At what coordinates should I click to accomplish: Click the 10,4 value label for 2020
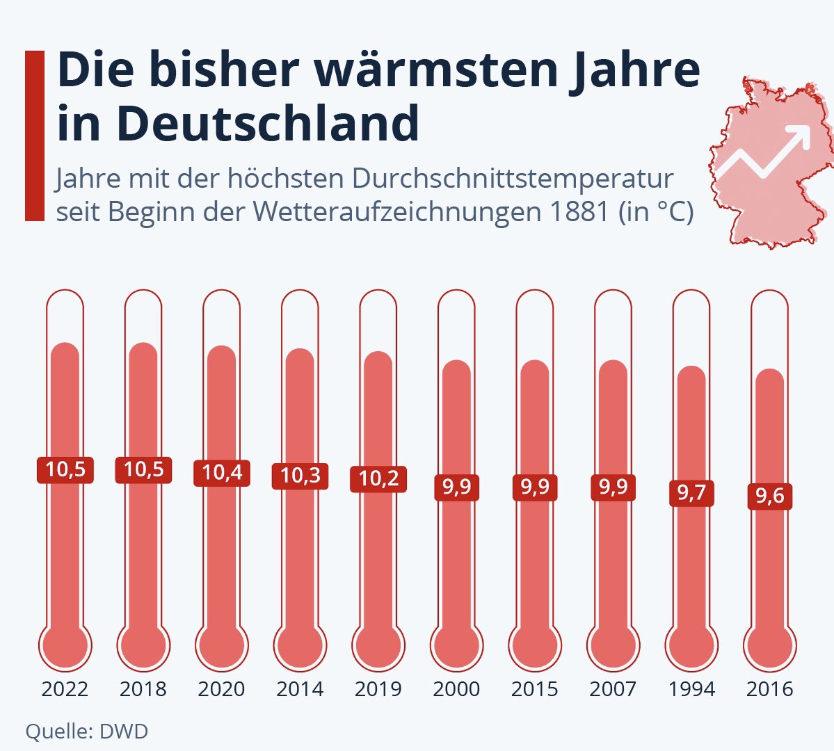tap(222, 473)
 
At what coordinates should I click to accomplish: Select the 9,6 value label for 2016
tap(770, 496)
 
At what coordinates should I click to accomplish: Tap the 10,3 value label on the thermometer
tap(300, 476)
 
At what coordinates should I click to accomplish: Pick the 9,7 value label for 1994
tap(691, 493)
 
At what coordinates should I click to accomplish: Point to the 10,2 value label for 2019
tap(378, 479)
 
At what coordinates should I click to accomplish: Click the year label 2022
tap(65, 689)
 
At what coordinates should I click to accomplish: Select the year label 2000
tap(456, 689)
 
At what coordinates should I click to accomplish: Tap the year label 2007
tap(613, 689)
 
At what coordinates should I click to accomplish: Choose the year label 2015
tap(535, 689)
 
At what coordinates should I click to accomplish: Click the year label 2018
tap(143, 689)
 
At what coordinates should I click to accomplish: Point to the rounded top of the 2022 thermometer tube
tap(65, 299)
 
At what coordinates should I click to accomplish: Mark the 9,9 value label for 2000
tap(456, 487)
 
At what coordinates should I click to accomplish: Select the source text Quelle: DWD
tap(86, 732)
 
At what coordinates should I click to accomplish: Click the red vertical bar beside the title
tap(35, 136)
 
